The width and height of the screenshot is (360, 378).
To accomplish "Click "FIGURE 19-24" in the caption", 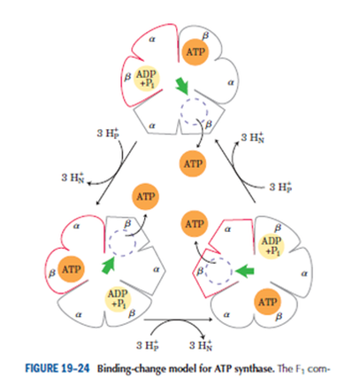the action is (57, 368).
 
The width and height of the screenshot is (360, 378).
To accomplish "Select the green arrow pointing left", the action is (244, 271).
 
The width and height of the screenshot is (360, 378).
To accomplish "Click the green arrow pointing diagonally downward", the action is (181, 86).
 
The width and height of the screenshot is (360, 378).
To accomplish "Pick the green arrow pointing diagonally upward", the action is (108, 265).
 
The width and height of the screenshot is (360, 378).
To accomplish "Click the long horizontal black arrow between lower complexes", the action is (178, 320).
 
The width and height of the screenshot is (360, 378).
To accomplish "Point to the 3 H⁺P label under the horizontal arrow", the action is (148, 344).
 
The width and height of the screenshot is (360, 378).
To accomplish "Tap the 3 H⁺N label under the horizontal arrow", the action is (201, 344).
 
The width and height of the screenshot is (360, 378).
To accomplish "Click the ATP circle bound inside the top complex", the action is (195, 52).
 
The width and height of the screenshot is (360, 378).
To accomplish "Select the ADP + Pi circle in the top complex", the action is (147, 78).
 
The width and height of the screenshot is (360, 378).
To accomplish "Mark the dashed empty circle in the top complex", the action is (195, 112).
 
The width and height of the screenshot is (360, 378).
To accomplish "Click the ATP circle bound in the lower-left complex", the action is (71, 269).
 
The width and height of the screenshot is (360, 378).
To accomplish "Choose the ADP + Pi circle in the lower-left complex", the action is (118, 298).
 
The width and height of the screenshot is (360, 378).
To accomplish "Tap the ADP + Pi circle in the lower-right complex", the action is (272, 246).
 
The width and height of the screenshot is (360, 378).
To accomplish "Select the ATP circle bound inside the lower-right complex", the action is (268, 302).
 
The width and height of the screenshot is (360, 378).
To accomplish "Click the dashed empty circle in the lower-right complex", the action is (219, 270).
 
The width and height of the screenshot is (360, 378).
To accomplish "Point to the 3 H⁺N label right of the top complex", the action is (252, 137).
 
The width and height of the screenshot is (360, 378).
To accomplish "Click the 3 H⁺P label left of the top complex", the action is (108, 133).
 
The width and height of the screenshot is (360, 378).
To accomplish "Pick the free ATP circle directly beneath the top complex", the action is (193, 164).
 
